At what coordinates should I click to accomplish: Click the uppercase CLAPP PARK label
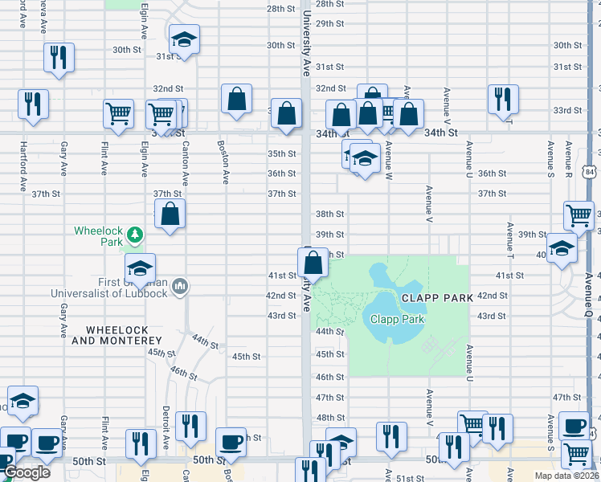[x=436, y=297]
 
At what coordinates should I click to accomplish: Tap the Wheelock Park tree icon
[x=136, y=235]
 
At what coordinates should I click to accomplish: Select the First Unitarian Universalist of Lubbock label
[x=109, y=287]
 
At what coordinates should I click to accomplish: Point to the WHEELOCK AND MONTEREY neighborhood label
[x=123, y=335]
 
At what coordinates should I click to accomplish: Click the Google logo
[x=27, y=472]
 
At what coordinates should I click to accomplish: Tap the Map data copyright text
[x=567, y=476]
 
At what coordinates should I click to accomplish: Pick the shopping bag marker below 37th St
[x=170, y=215]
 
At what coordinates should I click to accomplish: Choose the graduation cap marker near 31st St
[x=185, y=39]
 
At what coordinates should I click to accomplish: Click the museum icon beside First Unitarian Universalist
[x=179, y=285]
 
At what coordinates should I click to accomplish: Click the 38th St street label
[x=329, y=214]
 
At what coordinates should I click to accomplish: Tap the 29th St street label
[x=329, y=23]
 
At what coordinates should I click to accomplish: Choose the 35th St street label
[x=282, y=153]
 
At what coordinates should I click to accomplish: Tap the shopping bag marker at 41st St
[x=313, y=263]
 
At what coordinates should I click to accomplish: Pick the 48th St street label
[x=329, y=418]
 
